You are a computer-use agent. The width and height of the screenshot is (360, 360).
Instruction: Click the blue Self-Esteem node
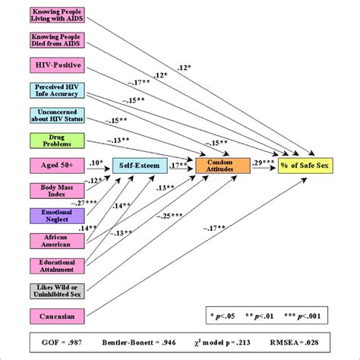point(139,164)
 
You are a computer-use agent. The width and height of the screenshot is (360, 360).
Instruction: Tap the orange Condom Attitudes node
point(223,165)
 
